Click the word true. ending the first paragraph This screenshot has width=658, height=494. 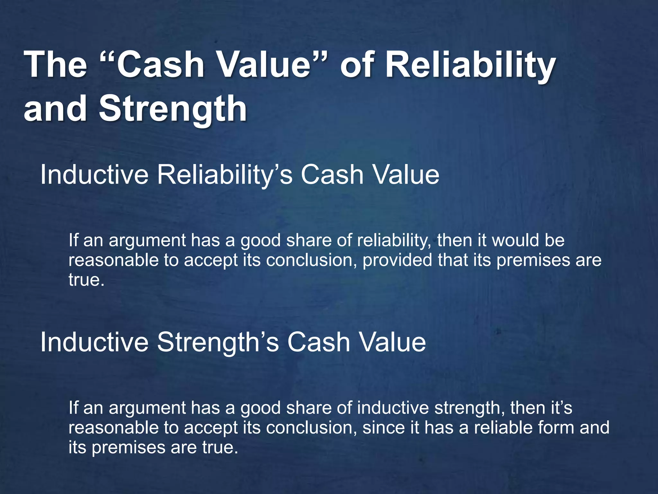pyautogui.click(x=86, y=280)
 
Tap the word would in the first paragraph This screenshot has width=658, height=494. pyautogui.click(x=515, y=241)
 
